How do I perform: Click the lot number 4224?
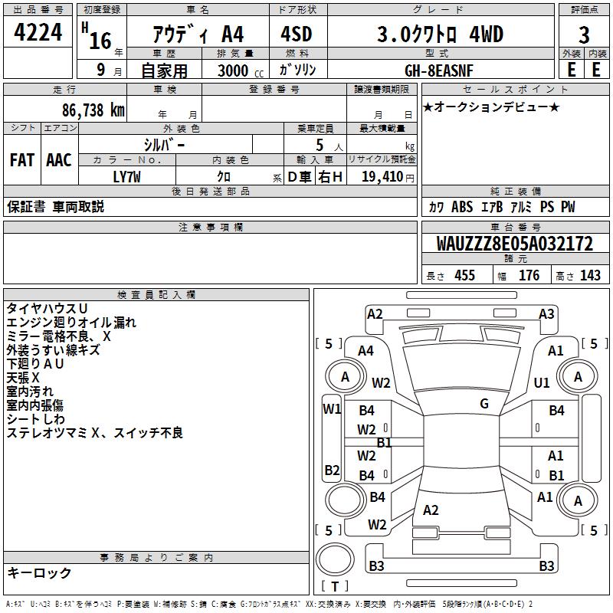(38, 33)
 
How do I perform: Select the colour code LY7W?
(127, 177)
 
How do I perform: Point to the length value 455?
(464, 276)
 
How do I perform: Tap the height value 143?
(590, 276)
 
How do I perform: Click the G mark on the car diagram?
(484, 404)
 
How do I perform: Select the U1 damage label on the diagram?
(542, 382)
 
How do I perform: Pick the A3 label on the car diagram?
(546, 313)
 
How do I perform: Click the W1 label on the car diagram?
(331, 409)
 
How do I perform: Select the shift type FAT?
(21, 160)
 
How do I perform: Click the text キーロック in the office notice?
(40, 573)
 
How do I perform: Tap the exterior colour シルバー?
(164, 144)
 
